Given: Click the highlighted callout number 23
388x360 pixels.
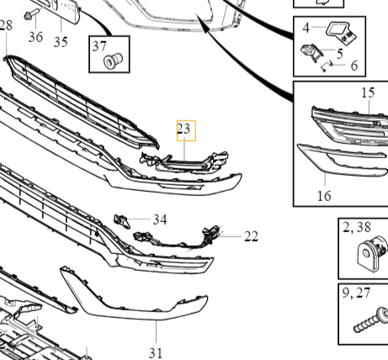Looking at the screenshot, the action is (183, 129).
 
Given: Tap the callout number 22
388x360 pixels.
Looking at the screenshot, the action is (251, 236).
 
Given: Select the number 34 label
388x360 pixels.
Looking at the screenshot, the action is (160, 220).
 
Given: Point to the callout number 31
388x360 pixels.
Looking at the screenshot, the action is (156, 353).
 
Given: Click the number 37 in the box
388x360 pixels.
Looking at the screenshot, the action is (99, 46).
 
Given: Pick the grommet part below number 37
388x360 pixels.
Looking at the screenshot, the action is (113, 61).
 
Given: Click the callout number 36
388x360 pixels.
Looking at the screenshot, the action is (35, 37).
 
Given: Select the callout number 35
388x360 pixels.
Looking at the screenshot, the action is (61, 42).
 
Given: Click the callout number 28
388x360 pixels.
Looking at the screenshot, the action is (6, 25).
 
